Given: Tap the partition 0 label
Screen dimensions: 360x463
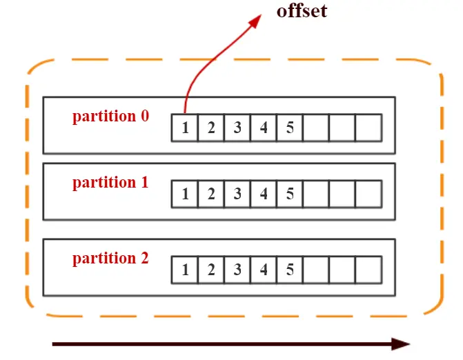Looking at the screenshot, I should [110, 117].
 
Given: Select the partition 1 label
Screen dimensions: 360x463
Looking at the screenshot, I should [110, 183].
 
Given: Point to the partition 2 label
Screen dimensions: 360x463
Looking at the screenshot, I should [110, 259].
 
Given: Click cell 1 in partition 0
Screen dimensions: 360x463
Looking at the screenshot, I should [185, 128].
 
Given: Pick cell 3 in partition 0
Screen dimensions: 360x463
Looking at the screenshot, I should [237, 128].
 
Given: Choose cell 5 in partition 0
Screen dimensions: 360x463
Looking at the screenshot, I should [290, 128].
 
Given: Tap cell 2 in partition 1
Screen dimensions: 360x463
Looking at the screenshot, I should [211, 194].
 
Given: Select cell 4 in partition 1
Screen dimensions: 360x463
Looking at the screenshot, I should [264, 194].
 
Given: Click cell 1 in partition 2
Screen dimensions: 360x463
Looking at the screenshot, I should [185, 270].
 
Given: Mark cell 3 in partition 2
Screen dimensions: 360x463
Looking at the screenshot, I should [237, 270].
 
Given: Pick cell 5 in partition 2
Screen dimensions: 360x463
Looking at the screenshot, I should [290, 270].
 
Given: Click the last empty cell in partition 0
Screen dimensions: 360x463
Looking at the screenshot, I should [368, 128].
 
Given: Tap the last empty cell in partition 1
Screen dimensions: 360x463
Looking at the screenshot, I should [368, 194].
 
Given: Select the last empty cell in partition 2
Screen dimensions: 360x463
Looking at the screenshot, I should [368, 270].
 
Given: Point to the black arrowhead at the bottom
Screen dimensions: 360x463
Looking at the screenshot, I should [401, 343].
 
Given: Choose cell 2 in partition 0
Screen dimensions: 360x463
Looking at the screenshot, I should [211, 128].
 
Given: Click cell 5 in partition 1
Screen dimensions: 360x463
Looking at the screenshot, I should [290, 194].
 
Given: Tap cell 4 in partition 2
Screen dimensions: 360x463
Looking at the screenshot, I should [264, 270].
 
